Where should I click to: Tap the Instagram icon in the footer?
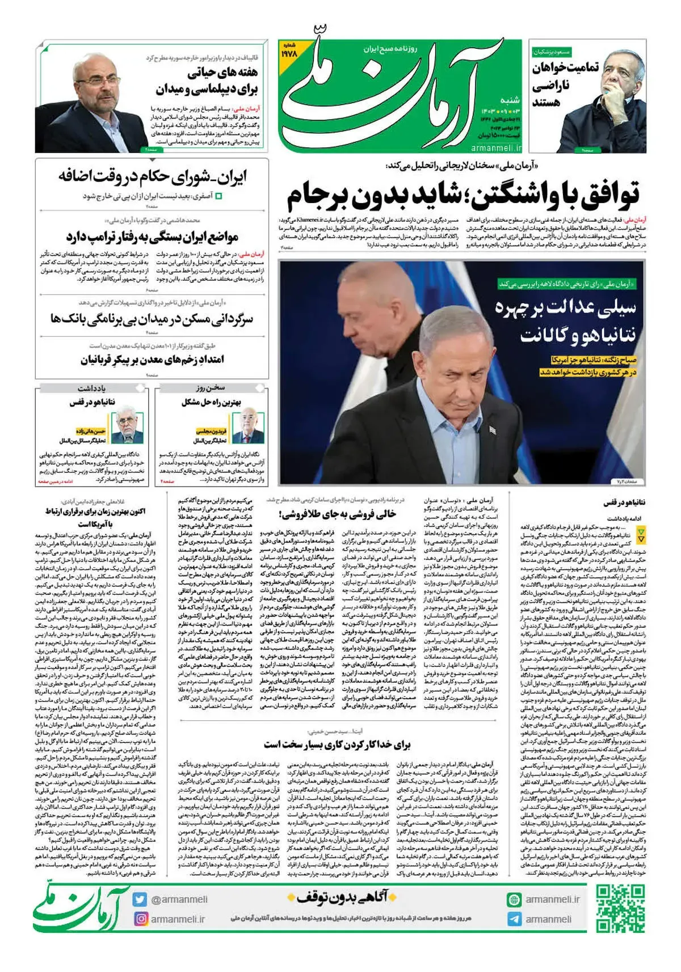tap(141, 919)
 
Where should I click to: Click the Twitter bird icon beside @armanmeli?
tap(140, 899)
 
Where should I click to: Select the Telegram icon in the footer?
tap(514, 919)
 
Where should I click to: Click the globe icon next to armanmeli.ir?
tap(514, 899)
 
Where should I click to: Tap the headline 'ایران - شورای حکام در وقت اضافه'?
tap(153, 177)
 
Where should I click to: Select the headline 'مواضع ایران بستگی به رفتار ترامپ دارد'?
tap(152, 236)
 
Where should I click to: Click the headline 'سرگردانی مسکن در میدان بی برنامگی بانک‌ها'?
tap(152, 319)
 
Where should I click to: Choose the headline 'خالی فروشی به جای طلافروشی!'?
tap(338, 514)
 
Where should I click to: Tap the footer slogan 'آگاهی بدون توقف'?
tap(338, 897)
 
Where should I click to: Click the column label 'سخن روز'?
tap(211, 388)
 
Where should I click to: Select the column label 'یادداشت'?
tap(92, 388)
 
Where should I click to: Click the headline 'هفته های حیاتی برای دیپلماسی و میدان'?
tap(207, 81)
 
